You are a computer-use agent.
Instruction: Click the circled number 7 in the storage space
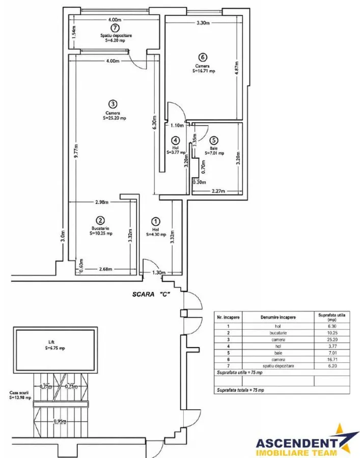click(x=115, y=28)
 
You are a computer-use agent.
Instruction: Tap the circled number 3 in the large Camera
click(x=113, y=104)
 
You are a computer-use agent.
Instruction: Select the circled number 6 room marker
click(x=202, y=57)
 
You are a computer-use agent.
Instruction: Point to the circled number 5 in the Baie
click(x=214, y=140)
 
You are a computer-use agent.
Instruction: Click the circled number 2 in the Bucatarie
click(x=100, y=220)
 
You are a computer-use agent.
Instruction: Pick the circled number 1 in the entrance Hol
click(x=156, y=222)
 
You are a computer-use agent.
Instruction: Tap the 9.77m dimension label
click(x=76, y=151)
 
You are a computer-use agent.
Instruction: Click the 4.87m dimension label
click(x=237, y=68)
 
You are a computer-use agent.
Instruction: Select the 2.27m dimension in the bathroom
click(x=218, y=191)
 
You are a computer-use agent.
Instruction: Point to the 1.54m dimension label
click(x=74, y=32)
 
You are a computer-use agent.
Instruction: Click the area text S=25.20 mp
click(x=114, y=118)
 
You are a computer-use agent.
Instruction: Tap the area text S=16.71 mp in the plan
click(x=204, y=71)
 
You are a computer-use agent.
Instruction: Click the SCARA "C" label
click(x=151, y=295)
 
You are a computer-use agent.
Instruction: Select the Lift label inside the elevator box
click(x=51, y=342)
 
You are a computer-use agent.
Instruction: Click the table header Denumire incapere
click(x=278, y=317)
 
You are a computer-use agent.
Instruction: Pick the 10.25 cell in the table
click(x=332, y=333)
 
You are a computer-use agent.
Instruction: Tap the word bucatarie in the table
click(x=278, y=333)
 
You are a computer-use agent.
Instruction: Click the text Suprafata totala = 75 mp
click(x=240, y=390)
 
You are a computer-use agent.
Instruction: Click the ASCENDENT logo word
click(x=296, y=443)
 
